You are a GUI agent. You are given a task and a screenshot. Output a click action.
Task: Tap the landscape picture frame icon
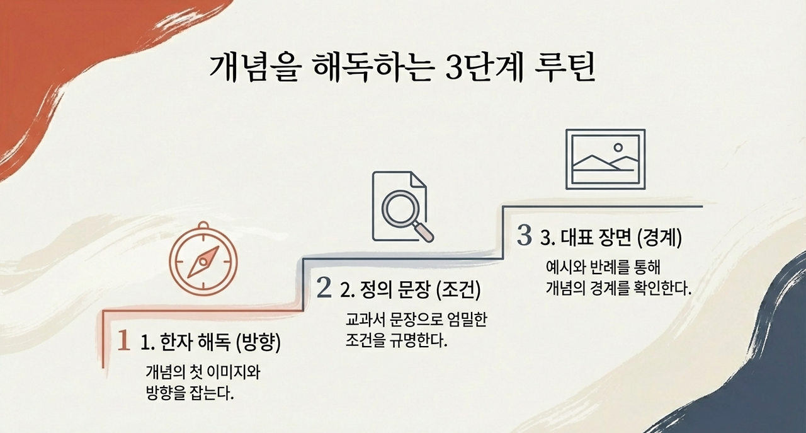click(605, 159)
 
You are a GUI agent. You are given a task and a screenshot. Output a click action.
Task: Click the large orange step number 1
click(124, 341)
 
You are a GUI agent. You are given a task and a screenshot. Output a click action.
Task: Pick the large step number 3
click(524, 236)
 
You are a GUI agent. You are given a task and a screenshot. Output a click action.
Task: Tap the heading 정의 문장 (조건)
click(410, 291)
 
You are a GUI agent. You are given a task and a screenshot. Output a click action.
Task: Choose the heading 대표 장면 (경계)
click(611, 238)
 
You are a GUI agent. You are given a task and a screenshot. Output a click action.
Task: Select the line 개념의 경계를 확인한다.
click(618, 289)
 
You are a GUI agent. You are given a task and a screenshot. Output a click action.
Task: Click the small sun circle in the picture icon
click(618, 147)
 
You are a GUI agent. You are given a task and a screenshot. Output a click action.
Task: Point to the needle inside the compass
click(204, 262)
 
